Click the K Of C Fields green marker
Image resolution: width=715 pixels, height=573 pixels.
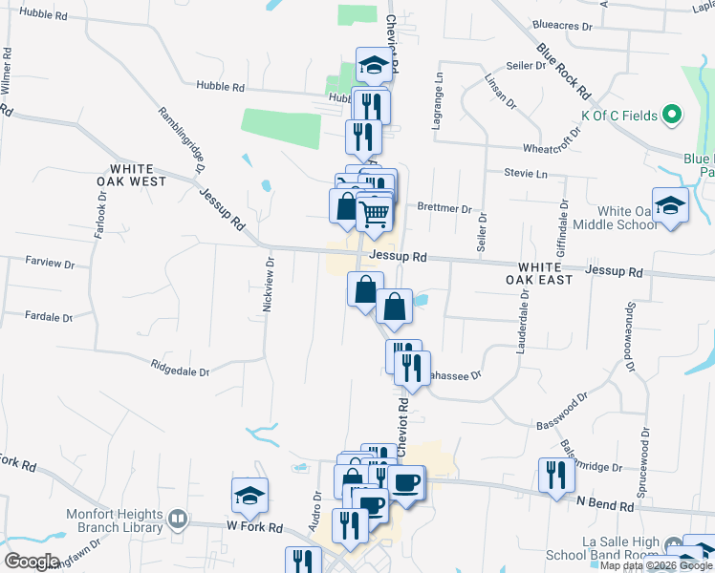click(x=672, y=116)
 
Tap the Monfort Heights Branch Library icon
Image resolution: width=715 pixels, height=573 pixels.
click(x=177, y=520)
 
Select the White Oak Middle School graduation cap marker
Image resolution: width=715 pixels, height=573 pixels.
click(x=671, y=205)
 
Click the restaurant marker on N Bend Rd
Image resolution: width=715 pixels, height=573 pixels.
click(x=555, y=476)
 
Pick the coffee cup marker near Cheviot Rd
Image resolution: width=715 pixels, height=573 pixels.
click(x=405, y=481)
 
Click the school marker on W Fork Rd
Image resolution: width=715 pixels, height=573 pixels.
click(x=249, y=496)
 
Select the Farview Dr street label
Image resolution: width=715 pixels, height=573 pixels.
click(x=50, y=260)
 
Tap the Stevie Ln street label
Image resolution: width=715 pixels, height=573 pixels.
click(x=527, y=174)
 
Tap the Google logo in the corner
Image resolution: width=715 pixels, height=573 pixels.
click(x=31, y=561)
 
